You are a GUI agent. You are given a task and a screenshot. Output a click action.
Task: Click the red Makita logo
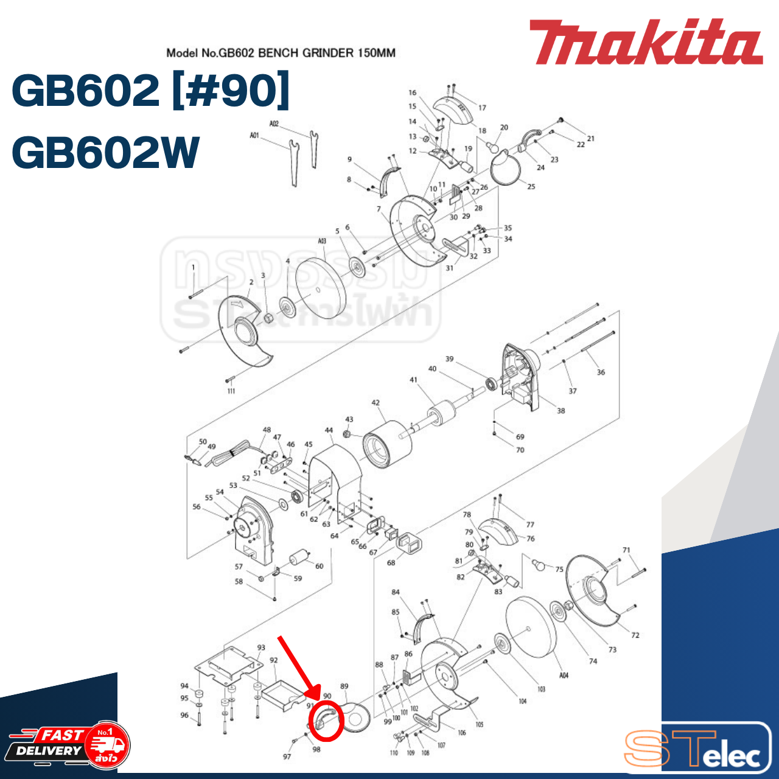[645, 43]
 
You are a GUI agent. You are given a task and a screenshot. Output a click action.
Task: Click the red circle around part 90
[327, 721]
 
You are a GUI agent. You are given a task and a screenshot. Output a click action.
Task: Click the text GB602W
[105, 152]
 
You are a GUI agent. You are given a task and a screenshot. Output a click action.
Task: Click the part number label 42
[376, 403]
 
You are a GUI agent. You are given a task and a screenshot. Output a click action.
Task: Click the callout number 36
[601, 372]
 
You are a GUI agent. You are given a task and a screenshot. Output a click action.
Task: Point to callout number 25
[531, 186]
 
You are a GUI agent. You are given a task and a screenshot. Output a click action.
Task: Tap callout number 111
[231, 391]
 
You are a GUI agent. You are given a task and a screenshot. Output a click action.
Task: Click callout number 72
[635, 635]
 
